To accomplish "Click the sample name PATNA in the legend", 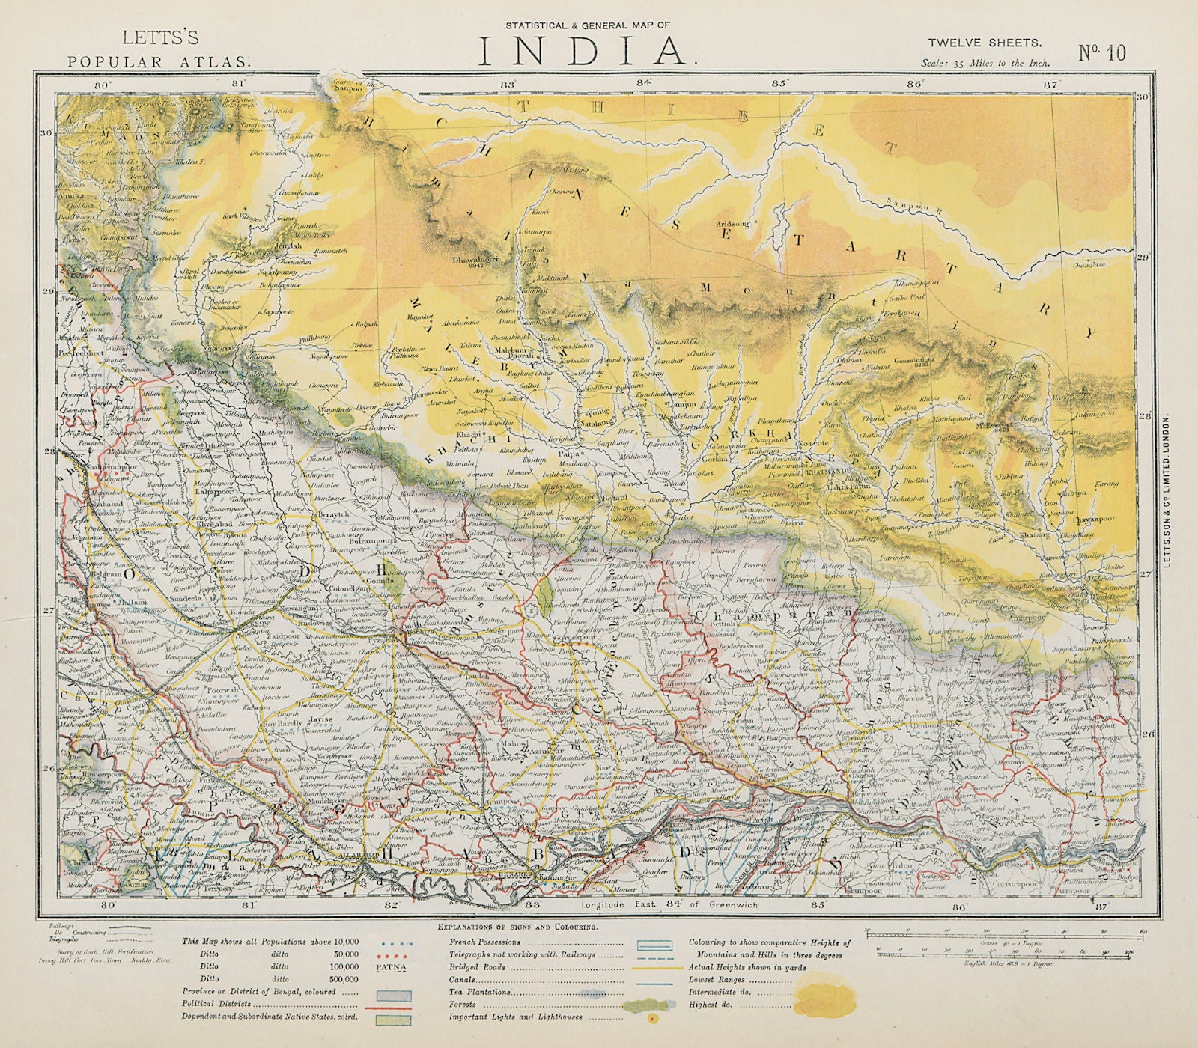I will pyautogui.click(x=393, y=966).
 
